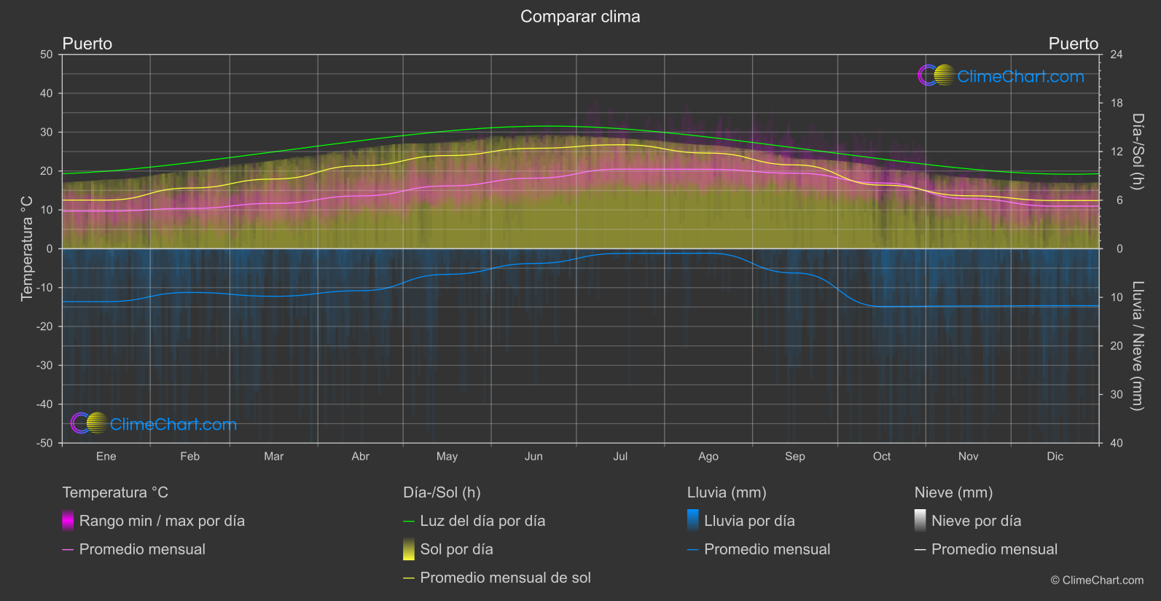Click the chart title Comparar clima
pyautogui.click(x=580, y=17)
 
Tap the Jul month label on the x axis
pyautogui.click(x=620, y=456)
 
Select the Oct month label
pyautogui.click(x=882, y=456)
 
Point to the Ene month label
pyautogui.click(x=106, y=456)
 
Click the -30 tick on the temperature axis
pyautogui.click(x=44, y=365)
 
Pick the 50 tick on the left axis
pyautogui.click(x=47, y=55)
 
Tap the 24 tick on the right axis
pyautogui.click(x=1116, y=55)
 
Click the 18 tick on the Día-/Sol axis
pyautogui.click(x=1117, y=103)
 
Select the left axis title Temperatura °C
pyautogui.click(x=27, y=248)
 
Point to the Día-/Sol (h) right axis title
pyautogui.click(x=1138, y=152)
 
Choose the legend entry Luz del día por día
pyautogui.click(x=482, y=521)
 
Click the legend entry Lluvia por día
pyautogui.click(x=748, y=521)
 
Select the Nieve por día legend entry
pyautogui.click(x=976, y=521)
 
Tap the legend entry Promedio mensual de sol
pyautogui.click(x=505, y=578)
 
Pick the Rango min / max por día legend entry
pyautogui.click(x=161, y=521)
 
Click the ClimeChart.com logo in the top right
pyautogui.click(x=1001, y=76)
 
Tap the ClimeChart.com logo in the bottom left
pyautogui.click(x=154, y=424)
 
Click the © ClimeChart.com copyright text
pyautogui.click(x=1097, y=581)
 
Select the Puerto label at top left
pyautogui.click(x=87, y=44)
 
